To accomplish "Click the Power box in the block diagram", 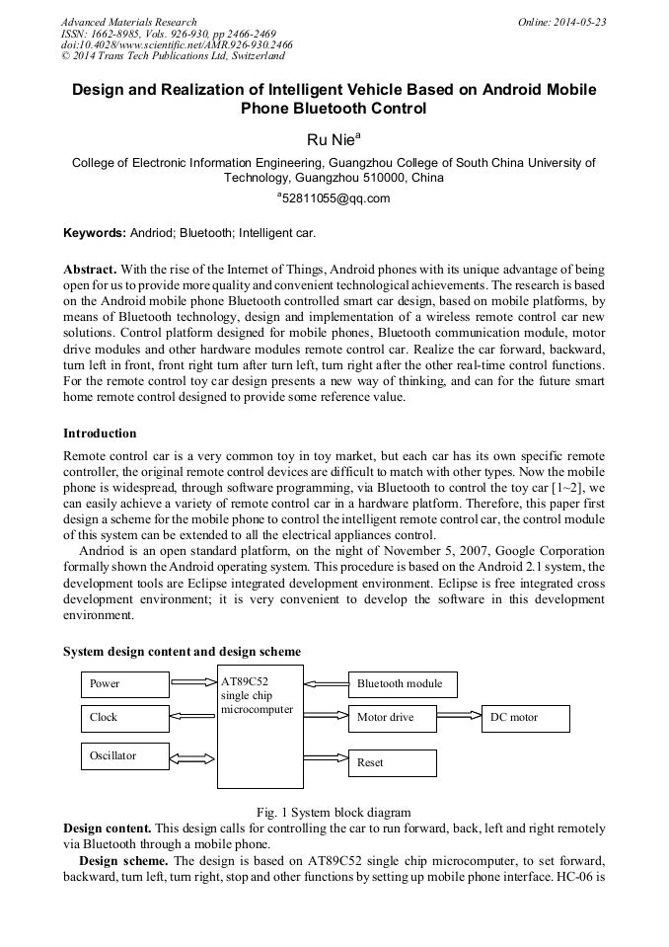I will click(x=124, y=683).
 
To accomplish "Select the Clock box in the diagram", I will click(x=124, y=717).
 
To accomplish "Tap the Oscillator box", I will click(x=124, y=756).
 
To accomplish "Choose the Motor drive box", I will click(x=393, y=718).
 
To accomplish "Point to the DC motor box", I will click(x=525, y=718).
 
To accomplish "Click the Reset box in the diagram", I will click(x=393, y=762).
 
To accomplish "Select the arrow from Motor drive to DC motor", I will click(x=459, y=717).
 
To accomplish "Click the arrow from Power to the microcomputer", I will click(x=192, y=681).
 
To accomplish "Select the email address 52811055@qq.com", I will click(x=334, y=198).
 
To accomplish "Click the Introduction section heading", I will click(x=100, y=434).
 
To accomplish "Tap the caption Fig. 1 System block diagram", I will click(x=334, y=813).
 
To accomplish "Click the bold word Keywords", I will click(x=94, y=234).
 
